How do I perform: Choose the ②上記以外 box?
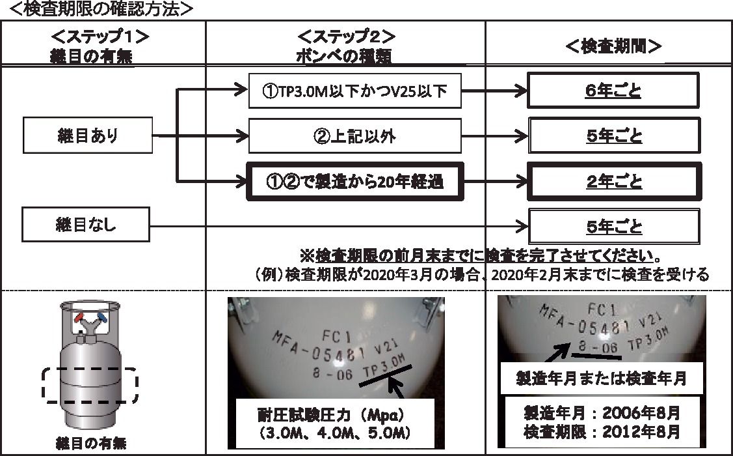(x=354, y=137)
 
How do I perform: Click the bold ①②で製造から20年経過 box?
(x=354, y=182)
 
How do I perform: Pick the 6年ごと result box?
(x=613, y=91)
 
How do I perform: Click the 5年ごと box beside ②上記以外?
(x=613, y=136)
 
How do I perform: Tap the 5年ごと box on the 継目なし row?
(x=613, y=226)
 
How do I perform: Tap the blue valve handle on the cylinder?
(x=101, y=317)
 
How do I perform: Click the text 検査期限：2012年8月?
(x=601, y=431)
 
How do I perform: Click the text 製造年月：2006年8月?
(x=601, y=412)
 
